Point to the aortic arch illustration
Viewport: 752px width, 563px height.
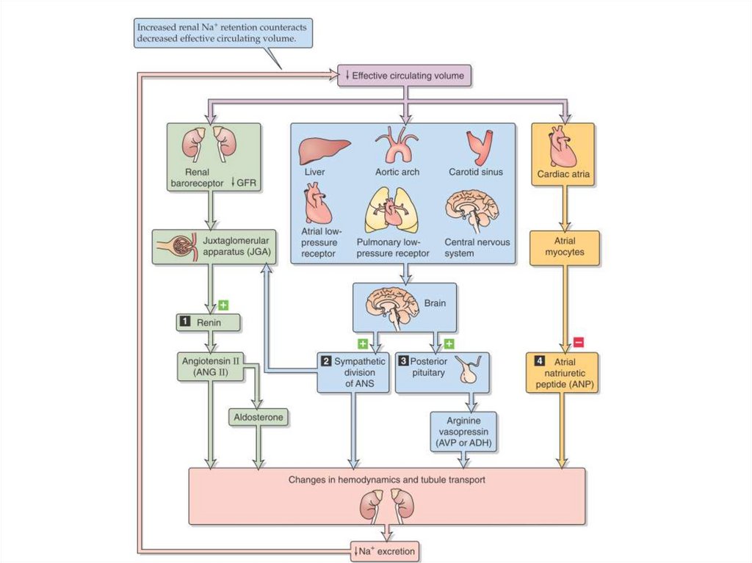coord(396,145)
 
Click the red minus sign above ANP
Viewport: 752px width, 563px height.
coord(578,342)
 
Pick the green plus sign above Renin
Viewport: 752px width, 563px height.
coord(223,304)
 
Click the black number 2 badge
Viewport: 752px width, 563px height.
coord(326,361)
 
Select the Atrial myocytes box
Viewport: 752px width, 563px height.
coord(564,248)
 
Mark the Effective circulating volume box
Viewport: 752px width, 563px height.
coord(403,75)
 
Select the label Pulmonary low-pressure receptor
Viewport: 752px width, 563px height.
coord(395,247)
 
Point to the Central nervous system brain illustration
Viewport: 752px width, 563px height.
coord(471,208)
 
